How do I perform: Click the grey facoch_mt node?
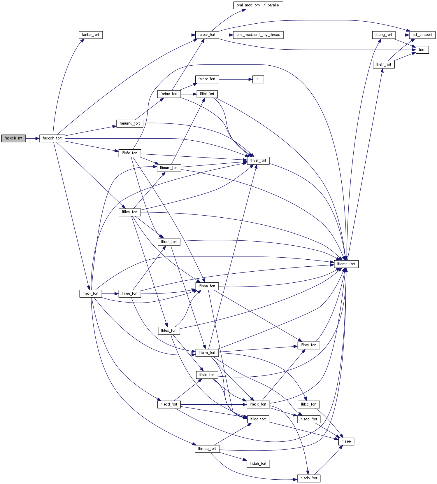tap(13, 138)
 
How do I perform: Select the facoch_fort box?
tap(52, 138)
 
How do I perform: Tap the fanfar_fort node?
tap(90, 35)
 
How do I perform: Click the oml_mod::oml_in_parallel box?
tap(258, 5)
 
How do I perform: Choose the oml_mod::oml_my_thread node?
tap(258, 35)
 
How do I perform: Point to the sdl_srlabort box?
tap(422, 35)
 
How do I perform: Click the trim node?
tap(422, 50)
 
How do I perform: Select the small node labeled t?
tap(258, 79)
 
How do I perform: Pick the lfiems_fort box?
tap(346, 264)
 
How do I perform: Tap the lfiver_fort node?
tap(258, 160)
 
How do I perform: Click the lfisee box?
tap(346, 441)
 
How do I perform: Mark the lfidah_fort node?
tap(258, 464)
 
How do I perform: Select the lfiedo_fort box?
tap(309, 478)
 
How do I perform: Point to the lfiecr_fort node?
tap(90, 293)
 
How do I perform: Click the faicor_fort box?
tap(207, 79)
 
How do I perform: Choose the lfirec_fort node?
tap(309, 345)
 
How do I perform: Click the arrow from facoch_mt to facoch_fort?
tap(32, 138)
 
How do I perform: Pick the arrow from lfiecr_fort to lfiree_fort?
tap(110, 293)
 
